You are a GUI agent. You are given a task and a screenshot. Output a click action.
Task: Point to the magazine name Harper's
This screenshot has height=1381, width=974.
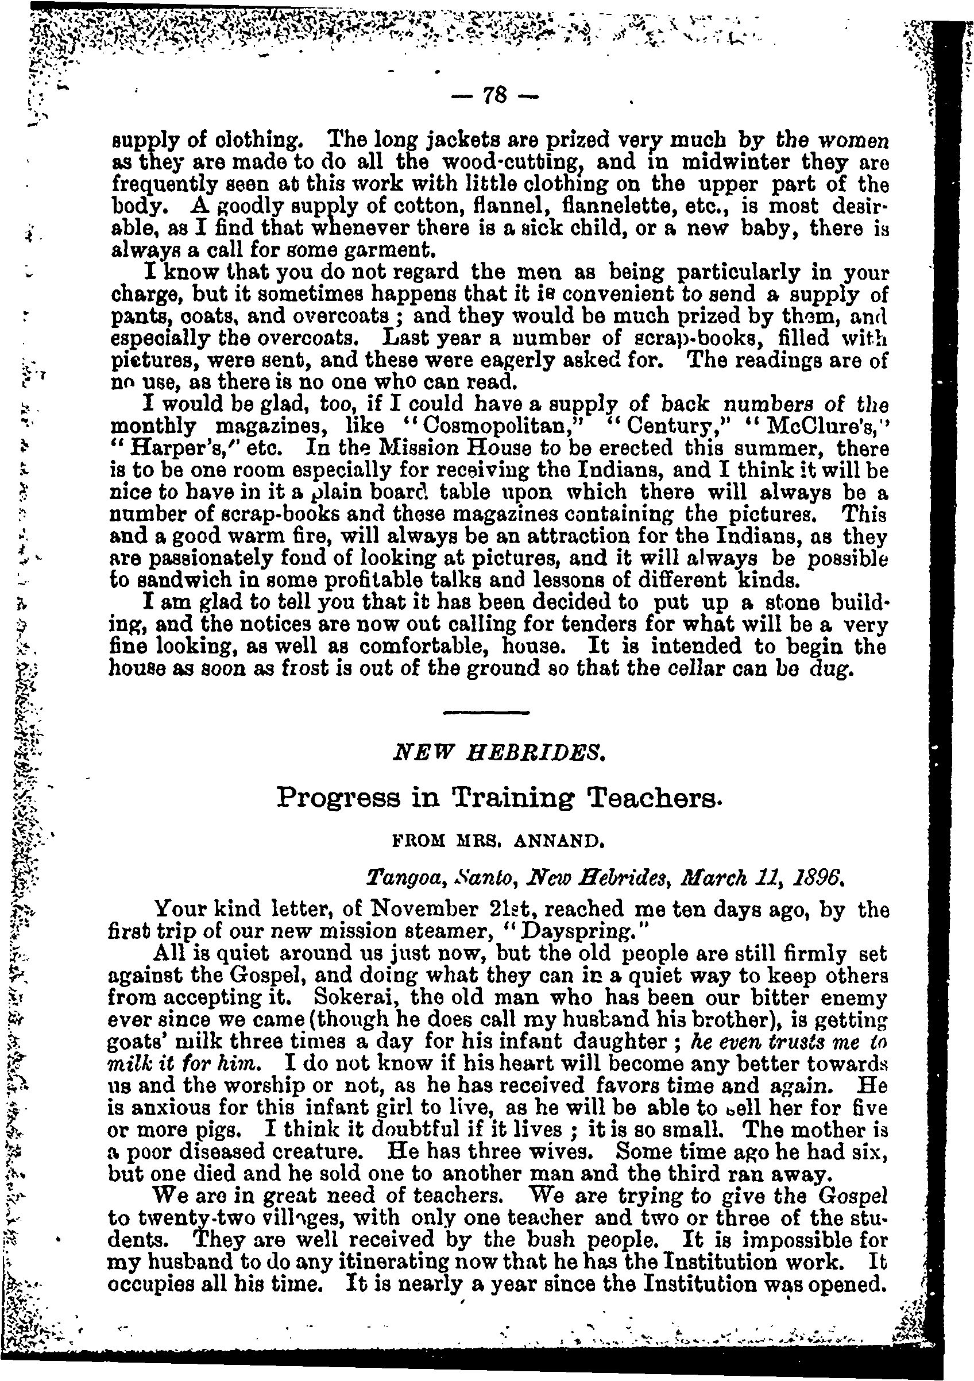(154, 448)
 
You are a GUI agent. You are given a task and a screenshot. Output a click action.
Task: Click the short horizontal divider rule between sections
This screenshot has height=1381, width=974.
(486, 713)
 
